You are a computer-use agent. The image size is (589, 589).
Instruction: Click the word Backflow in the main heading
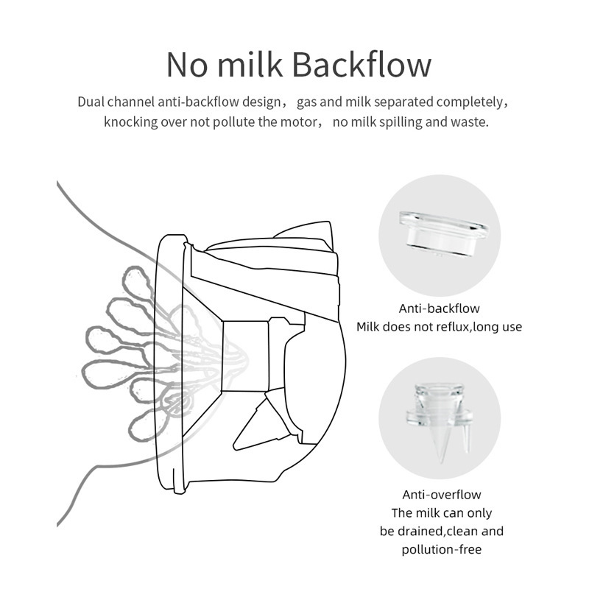pyautogui.click(x=361, y=65)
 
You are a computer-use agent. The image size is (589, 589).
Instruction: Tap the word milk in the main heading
pyautogui.click(x=250, y=65)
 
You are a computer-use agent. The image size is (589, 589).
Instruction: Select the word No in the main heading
pyautogui.click(x=187, y=66)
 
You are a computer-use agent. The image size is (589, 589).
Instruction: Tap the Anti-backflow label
pyautogui.click(x=439, y=308)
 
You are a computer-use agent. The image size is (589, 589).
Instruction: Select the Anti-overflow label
pyautogui.click(x=441, y=494)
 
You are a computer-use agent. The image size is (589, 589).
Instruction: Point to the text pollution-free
pyautogui.click(x=441, y=549)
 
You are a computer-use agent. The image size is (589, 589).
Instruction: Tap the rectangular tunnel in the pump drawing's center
pyautogui.click(x=246, y=356)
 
